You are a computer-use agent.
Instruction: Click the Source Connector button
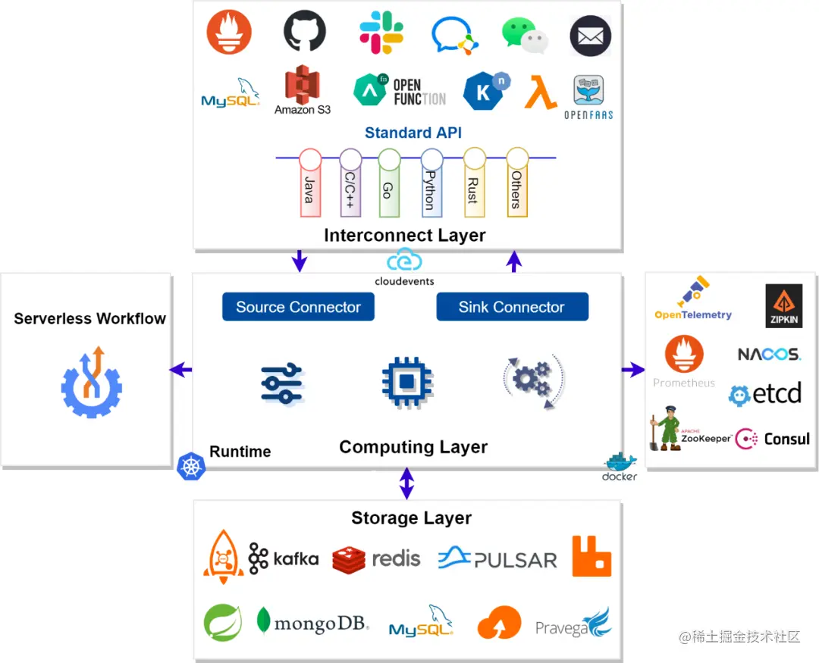(298, 307)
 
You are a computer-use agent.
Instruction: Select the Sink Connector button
(512, 307)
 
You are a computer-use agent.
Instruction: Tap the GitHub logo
(304, 31)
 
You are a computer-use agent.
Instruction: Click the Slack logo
(381, 32)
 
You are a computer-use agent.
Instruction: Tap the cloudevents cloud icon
(404, 261)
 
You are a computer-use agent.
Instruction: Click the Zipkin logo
(783, 306)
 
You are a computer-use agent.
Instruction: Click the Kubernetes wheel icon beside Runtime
(191, 465)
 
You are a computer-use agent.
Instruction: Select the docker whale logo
(620, 463)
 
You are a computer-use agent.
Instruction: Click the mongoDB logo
(312, 623)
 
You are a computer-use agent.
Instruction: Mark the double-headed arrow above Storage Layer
(407, 483)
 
